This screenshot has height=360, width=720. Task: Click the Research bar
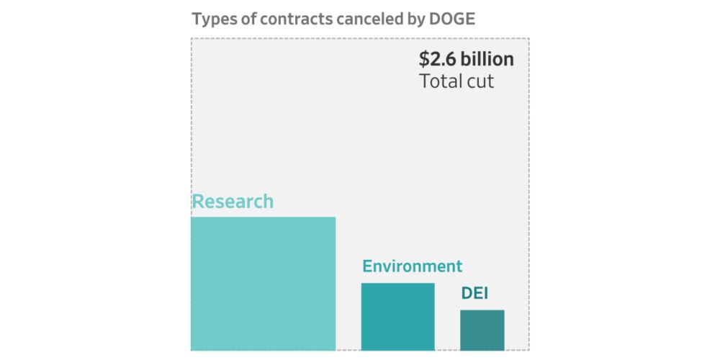(263, 284)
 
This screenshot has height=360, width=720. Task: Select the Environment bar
(397, 317)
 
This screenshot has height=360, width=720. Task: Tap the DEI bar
(482, 330)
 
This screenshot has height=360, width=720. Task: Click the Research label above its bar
(233, 201)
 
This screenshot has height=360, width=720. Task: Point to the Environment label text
(412, 266)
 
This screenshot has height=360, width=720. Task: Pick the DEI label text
(475, 294)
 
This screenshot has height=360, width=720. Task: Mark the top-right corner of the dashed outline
(529, 38)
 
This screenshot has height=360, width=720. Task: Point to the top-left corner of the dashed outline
(192, 38)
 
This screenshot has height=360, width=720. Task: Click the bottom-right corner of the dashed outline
(529, 351)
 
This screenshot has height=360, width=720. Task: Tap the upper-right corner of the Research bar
(336, 217)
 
